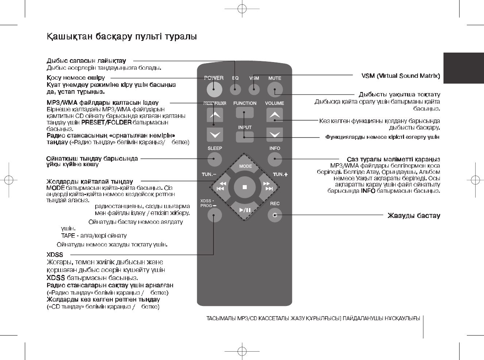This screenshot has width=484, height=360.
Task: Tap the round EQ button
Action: (235, 89)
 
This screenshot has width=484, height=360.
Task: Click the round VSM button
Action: (254, 89)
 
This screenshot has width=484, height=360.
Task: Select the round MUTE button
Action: (275, 89)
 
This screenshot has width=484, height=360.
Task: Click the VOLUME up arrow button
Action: (274, 115)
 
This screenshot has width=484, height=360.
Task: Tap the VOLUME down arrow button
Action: (274, 135)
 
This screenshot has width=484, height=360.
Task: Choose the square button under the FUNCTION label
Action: (245, 112)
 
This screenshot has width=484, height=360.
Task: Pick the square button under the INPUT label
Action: (245, 137)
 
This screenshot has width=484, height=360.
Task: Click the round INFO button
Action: (275, 159)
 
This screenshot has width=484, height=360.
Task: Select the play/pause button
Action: (245, 210)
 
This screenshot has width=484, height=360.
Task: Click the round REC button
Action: (275, 215)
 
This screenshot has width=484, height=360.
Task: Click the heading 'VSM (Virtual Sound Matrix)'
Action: (400, 76)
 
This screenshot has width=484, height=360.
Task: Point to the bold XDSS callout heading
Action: (55, 255)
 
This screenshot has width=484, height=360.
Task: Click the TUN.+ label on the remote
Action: (280, 175)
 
